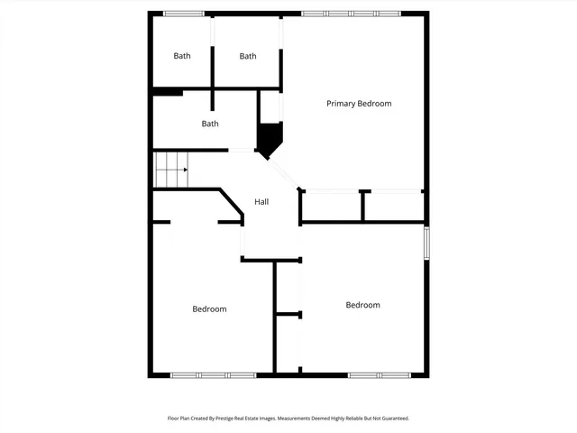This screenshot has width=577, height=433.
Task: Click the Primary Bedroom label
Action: (359, 104)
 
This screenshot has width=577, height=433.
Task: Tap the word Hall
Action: (261, 202)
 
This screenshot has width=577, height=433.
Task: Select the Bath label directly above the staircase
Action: (210, 124)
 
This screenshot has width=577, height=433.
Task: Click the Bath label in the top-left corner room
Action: (182, 56)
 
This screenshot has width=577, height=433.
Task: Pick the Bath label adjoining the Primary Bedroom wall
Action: (248, 56)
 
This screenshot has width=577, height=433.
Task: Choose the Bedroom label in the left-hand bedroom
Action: (209, 309)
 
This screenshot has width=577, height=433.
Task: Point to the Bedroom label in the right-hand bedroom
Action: (362, 305)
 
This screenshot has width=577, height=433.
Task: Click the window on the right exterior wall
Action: (426, 243)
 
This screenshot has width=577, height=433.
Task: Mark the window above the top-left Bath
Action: (183, 14)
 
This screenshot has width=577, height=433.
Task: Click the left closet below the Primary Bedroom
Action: (330, 207)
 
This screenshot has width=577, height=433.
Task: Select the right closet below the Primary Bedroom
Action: (393, 207)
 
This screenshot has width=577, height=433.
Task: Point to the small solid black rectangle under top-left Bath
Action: (168, 91)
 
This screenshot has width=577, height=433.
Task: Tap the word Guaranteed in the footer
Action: (391, 419)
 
